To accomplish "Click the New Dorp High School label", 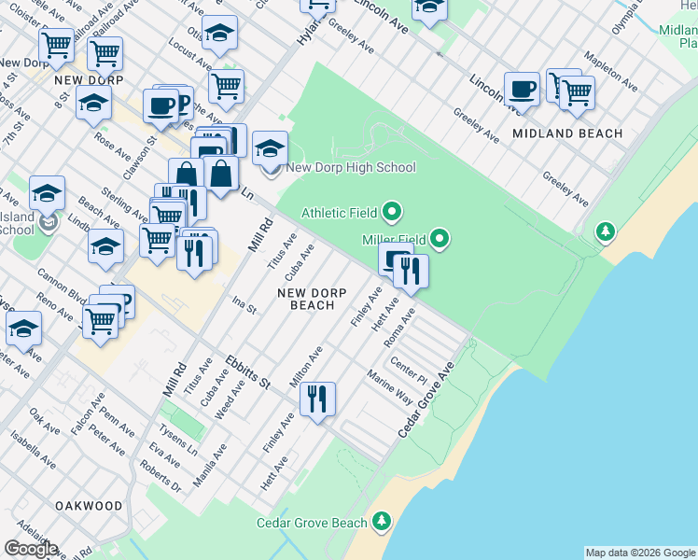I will tap(350, 168).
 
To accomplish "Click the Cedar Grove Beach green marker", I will tap(381, 523).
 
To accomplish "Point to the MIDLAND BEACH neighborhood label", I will tap(567, 133).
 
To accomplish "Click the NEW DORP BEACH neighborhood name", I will tap(312, 299).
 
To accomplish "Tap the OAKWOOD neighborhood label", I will tap(89, 506).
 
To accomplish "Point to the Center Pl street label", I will tap(408, 371).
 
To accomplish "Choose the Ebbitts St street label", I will tap(247, 371).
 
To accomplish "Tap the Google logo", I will tap(30, 549).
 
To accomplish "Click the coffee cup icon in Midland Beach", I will tap(522, 91).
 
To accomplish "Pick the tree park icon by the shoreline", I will tap(607, 231).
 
